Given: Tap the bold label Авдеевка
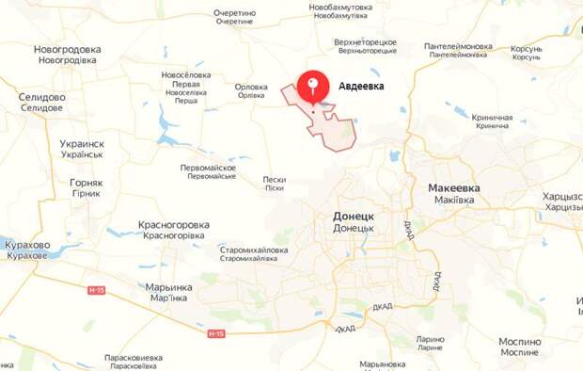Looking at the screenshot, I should (361, 86).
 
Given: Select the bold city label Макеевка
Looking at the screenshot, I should (453, 187).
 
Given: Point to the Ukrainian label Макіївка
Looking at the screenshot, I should (453, 199).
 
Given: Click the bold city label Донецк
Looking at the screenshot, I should (354, 216).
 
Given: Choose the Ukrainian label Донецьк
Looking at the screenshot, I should (354, 227).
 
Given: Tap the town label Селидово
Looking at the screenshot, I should (41, 97).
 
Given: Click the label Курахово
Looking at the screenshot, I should (27, 244).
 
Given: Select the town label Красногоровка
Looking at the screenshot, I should (173, 224).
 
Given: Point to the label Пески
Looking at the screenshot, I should (275, 178).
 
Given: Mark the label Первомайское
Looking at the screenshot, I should (208, 167).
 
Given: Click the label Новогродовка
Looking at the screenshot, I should (67, 49).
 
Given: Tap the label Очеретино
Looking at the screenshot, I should (234, 13).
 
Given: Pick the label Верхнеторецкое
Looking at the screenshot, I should (366, 41).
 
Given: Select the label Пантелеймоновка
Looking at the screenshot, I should (458, 45).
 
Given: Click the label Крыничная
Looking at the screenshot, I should (494, 117).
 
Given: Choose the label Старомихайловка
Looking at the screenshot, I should (254, 249).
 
